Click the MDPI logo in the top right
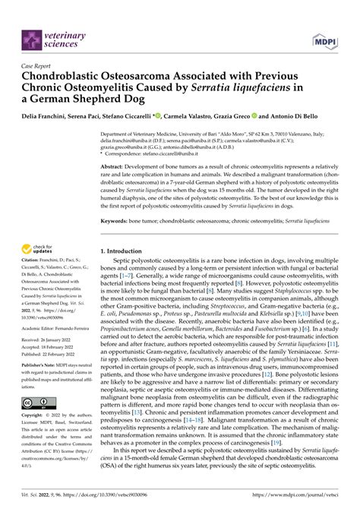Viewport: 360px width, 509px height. click(323, 39)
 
